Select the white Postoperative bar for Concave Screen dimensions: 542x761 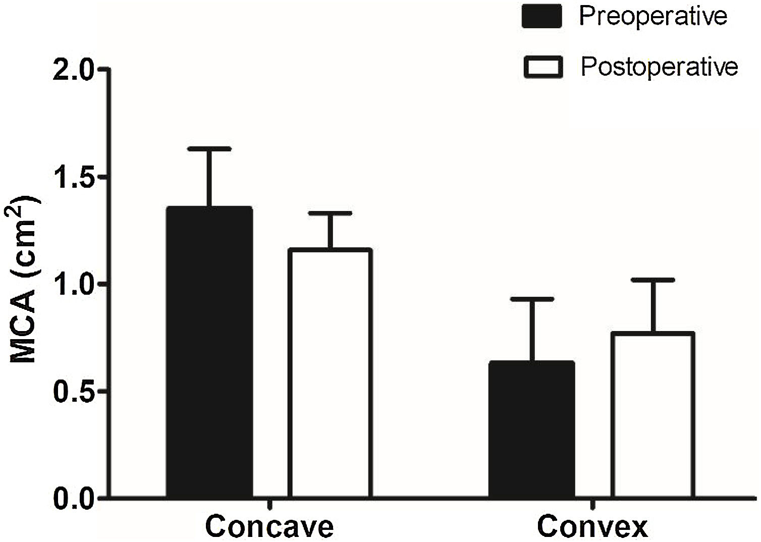pos(330,373)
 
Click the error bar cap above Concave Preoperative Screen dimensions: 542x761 pos(209,149)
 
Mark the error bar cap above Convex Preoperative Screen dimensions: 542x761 pos(531,299)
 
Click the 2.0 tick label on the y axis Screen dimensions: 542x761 pos(75,69)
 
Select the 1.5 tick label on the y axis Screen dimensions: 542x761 pos(75,177)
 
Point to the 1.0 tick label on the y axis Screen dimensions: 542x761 pos(75,285)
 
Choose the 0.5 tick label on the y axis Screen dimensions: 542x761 pos(75,392)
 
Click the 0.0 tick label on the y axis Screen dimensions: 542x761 pos(75,499)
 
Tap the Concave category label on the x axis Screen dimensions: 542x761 pos(269,527)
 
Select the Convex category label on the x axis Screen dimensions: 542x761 pos(592,527)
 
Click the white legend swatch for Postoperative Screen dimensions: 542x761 pos(543,67)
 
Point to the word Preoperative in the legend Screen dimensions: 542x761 pos(653,17)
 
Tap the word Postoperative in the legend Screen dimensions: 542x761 pos(659,67)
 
